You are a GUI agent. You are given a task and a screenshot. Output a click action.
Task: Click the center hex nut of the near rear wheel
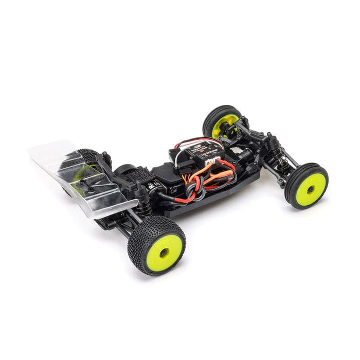(x=164, y=252)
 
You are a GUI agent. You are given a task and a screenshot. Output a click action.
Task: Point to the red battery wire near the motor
(x=175, y=198)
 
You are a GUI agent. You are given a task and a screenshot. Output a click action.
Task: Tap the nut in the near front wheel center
(x=310, y=189)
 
